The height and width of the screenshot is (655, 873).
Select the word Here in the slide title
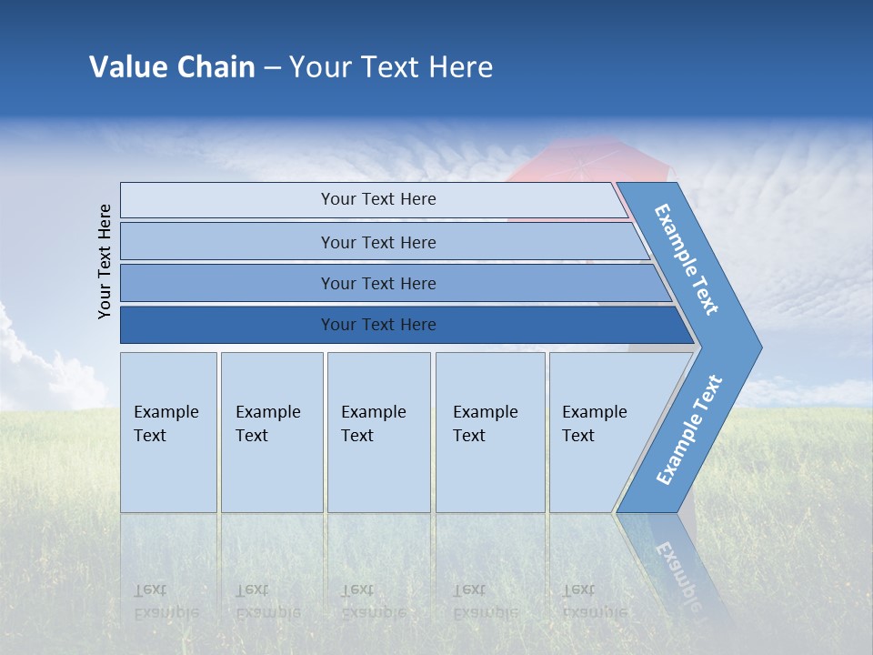[460, 67]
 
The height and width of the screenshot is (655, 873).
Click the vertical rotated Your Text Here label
[105, 261]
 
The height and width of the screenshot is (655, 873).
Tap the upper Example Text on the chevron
[687, 259]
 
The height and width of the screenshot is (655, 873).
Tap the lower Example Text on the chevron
[688, 430]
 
